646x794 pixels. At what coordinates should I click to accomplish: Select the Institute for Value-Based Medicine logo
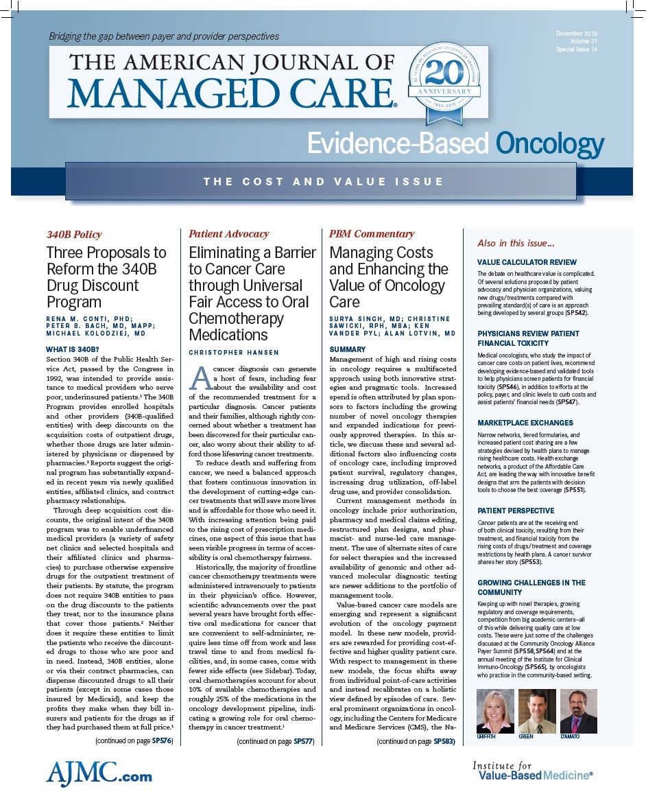[532, 770]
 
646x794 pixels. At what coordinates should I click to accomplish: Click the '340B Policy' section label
[73, 234]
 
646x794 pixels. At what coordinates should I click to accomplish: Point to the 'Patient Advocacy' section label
[229, 234]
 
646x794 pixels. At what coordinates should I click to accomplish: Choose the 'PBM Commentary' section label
[372, 234]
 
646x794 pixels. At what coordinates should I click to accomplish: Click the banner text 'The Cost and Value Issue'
[323, 182]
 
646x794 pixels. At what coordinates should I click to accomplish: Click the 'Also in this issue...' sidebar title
[515, 244]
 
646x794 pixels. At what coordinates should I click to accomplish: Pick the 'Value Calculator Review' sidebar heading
[527, 262]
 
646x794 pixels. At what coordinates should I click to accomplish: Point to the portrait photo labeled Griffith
[494, 712]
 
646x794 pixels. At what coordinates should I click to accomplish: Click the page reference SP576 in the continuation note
[162, 740]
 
